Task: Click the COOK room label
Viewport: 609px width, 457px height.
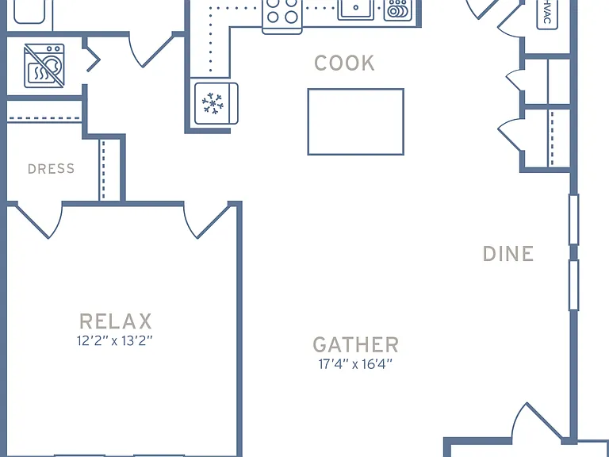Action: pyautogui.click(x=344, y=63)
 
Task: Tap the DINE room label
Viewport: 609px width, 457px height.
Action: pyautogui.click(x=508, y=254)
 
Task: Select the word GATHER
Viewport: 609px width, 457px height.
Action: pyautogui.click(x=356, y=344)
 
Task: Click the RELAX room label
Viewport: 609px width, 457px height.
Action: pyautogui.click(x=115, y=321)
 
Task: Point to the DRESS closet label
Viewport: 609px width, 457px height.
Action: pyautogui.click(x=52, y=169)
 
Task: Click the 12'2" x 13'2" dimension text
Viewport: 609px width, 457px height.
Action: pyautogui.click(x=114, y=341)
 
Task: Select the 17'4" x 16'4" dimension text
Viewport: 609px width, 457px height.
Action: pyautogui.click(x=355, y=364)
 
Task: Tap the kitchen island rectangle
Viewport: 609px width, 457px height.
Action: pyautogui.click(x=356, y=121)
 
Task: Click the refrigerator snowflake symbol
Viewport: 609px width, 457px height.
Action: pyautogui.click(x=213, y=103)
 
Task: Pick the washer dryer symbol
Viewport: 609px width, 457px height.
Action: pyautogui.click(x=44, y=66)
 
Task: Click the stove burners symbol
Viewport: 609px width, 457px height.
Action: pyautogui.click(x=282, y=11)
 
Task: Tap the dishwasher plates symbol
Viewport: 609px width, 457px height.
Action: pyautogui.click(x=398, y=10)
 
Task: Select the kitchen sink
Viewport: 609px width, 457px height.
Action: pyautogui.click(x=356, y=9)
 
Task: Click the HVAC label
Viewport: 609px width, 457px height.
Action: pyautogui.click(x=547, y=14)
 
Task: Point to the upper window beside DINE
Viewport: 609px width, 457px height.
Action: pyautogui.click(x=573, y=220)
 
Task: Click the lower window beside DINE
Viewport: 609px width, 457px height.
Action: pyautogui.click(x=573, y=286)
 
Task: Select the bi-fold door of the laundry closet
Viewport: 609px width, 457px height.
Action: pyautogui.click(x=93, y=59)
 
